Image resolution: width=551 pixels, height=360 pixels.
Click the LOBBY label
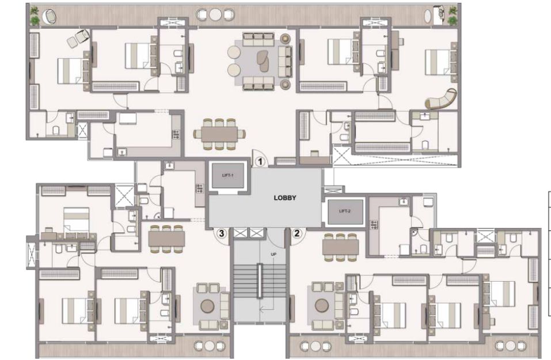click(284, 198)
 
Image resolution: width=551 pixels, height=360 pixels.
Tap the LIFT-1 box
click(227, 175)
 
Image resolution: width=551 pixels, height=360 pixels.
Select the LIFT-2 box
click(345, 211)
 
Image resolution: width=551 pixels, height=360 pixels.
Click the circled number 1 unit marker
click(260, 162)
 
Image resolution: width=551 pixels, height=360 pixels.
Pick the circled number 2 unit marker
click(297, 233)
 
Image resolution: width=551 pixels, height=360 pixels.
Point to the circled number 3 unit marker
click(221, 233)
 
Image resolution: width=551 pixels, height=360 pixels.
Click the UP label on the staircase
click(273, 254)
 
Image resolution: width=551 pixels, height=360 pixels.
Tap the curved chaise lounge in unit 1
click(442, 99)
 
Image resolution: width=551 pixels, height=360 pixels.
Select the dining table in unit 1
click(219, 134)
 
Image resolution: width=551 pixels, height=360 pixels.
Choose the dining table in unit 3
click(166, 238)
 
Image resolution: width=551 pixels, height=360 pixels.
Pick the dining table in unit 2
click(340, 247)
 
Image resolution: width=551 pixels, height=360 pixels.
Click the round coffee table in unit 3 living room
click(207, 306)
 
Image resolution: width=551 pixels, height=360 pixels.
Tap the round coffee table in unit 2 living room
click(322, 305)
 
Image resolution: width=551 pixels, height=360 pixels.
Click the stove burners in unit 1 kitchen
click(176, 135)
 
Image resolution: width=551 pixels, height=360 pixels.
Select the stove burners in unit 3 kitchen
click(200, 188)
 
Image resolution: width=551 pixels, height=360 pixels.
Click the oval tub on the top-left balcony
click(50, 17)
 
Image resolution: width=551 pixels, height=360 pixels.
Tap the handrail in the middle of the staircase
click(260, 281)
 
